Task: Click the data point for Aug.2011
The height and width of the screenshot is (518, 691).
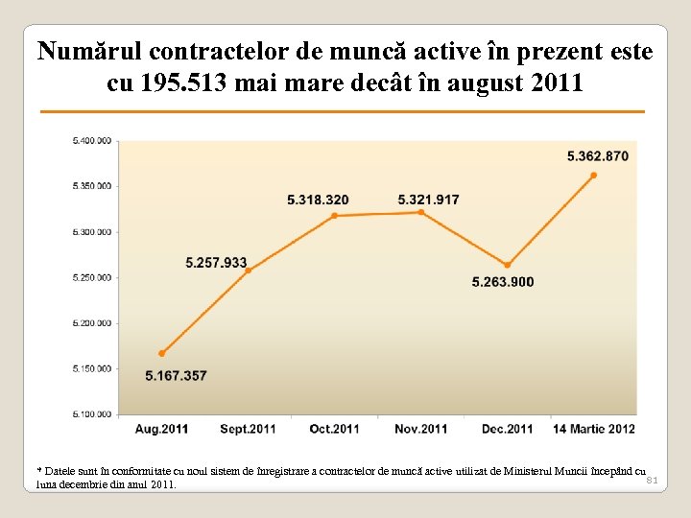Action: click(x=161, y=353)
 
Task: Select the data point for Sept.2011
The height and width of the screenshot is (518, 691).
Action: click(x=248, y=271)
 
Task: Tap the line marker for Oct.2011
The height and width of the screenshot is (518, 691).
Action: click(x=334, y=216)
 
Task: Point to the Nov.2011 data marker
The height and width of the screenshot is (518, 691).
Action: click(x=420, y=212)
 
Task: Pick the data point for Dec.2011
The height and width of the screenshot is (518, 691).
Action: click(x=507, y=266)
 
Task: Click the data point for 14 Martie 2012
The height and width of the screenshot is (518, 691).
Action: click(x=593, y=176)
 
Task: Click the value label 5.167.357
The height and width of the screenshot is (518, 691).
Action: click(x=176, y=375)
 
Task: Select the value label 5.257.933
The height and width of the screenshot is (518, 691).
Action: click(x=216, y=262)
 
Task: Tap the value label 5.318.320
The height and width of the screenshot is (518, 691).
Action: click(x=318, y=200)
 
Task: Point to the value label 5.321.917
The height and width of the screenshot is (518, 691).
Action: click(x=428, y=200)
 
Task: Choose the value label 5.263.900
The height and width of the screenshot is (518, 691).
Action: click(x=503, y=282)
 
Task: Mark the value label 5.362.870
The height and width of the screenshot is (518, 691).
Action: click(x=598, y=155)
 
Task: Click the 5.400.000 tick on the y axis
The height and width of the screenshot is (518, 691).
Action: click(x=92, y=141)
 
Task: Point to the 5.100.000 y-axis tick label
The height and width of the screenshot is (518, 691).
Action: click(x=92, y=414)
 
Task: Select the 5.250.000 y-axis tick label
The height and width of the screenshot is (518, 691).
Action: click(x=92, y=277)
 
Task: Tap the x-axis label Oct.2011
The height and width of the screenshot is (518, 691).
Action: click(x=334, y=429)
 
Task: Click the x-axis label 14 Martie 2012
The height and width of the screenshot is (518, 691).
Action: click(x=593, y=429)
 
